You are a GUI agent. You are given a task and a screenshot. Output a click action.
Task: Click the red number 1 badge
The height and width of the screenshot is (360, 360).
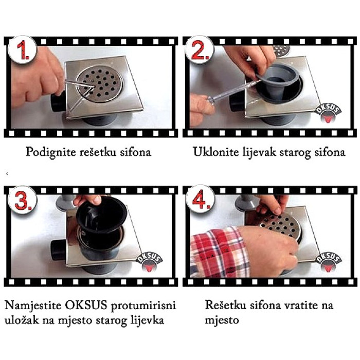tap(22, 50)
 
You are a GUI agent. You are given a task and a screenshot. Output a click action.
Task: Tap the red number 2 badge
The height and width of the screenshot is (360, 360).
tap(200, 50)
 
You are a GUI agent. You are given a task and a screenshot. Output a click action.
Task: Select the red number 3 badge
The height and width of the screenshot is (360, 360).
tap(22, 200)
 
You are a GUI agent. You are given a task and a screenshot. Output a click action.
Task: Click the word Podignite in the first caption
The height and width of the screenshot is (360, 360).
tap(51, 152)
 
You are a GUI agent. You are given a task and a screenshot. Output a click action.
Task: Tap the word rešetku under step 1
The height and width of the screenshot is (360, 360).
tap(98, 152)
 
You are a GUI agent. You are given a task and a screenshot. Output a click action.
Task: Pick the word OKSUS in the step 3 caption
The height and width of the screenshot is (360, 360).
tap(86, 305)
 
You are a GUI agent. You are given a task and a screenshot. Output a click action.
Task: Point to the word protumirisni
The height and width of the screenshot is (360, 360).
tap(143, 306)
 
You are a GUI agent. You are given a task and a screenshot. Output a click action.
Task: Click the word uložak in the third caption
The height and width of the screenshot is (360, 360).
tap(22, 320)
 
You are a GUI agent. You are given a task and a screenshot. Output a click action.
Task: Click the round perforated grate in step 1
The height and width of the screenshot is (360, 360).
tap(100, 84)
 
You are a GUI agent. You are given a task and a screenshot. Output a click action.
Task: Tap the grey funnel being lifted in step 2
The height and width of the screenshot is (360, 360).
tap(277, 81)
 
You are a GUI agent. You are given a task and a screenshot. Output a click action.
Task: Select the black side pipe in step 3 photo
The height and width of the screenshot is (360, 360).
tap(59, 250)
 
